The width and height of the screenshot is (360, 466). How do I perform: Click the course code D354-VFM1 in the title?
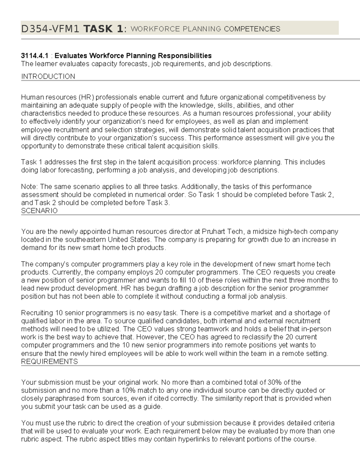point(50,29)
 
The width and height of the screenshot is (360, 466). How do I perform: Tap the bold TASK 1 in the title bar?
point(103,29)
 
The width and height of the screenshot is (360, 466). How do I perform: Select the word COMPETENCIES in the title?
point(252,29)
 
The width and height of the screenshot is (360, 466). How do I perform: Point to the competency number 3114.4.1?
point(34,56)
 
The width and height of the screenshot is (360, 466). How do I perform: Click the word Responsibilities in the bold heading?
point(185,56)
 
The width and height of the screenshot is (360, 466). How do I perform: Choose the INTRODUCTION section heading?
point(48,77)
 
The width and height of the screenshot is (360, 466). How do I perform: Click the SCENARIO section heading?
point(39,211)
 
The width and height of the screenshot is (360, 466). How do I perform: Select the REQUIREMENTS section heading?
point(49,361)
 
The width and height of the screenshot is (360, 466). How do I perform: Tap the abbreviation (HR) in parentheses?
point(86,97)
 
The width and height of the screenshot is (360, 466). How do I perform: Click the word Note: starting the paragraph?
point(29,187)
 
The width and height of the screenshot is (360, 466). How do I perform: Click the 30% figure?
point(274,382)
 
